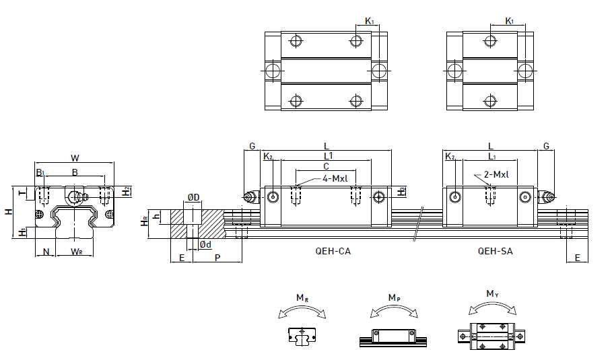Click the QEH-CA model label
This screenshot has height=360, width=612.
click(x=333, y=252)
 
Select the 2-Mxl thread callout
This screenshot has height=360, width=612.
click(x=496, y=175)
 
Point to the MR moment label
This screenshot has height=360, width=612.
click(x=302, y=298)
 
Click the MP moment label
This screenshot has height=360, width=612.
click(x=394, y=297)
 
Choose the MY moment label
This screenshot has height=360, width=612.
click(x=493, y=293)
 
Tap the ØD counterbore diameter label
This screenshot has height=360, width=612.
click(x=193, y=198)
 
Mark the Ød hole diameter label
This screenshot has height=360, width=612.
click(x=205, y=245)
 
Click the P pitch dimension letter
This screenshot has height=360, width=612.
click(x=217, y=258)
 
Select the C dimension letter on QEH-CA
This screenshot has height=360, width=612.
click(x=326, y=166)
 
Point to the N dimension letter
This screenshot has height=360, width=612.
click(x=46, y=252)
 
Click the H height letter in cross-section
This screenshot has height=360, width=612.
click(x=8, y=211)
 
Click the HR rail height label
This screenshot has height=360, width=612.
click(x=143, y=221)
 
